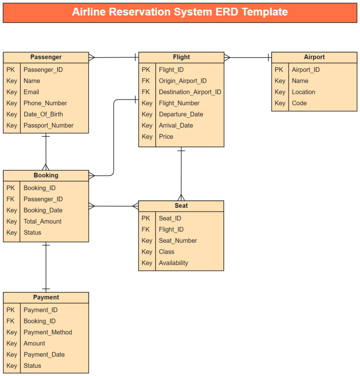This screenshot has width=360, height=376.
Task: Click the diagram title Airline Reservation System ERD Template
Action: (x=180, y=12)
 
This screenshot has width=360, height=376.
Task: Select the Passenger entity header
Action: (x=46, y=57)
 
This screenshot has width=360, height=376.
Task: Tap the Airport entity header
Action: (x=314, y=57)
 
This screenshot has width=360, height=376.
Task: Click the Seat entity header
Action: (x=181, y=206)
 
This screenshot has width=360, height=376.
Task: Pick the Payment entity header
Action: (x=46, y=297)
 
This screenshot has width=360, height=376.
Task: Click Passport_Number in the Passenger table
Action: (x=48, y=125)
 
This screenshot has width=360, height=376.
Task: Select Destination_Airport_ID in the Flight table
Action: (x=190, y=92)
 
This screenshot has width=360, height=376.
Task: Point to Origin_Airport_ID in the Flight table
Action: (x=182, y=81)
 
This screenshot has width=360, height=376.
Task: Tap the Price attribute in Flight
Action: (x=166, y=137)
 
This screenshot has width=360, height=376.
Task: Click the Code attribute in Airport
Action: (x=299, y=103)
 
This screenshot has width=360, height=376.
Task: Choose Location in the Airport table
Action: (x=303, y=92)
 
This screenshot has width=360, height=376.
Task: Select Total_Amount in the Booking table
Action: (x=42, y=221)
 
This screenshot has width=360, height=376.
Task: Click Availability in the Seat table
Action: (x=173, y=263)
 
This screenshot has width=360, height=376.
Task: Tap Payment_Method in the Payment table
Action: (x=48, y=332)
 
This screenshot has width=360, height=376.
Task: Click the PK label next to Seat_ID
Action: (x=146, y=218)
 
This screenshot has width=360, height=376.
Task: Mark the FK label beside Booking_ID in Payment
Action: (x=10, y=321)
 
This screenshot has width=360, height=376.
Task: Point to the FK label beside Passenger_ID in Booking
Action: (x=10, y=199)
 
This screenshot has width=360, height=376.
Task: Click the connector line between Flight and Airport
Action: (x=247, y=57)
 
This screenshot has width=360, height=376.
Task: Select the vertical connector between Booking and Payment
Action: (x=46, y=267)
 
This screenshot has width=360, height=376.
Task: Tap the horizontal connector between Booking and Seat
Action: (x=113, y=206)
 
